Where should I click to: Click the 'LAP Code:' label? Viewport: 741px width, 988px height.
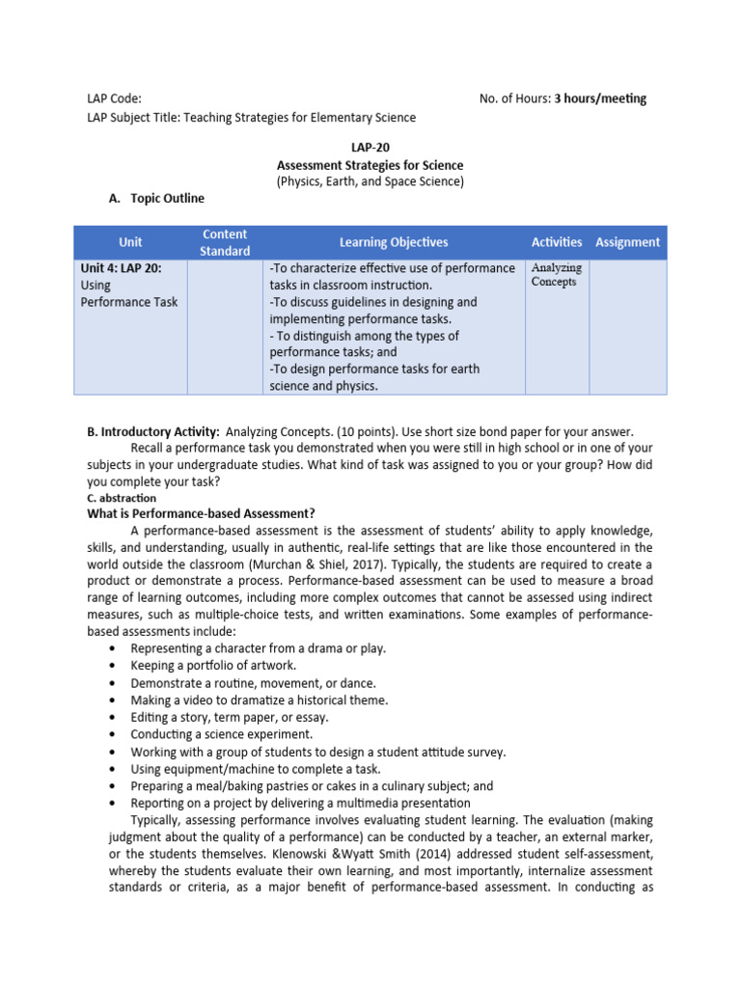114,98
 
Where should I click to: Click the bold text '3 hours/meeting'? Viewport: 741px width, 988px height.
600,98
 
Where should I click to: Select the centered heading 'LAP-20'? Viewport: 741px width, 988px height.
370,149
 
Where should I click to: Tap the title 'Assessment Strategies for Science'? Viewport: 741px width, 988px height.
370,165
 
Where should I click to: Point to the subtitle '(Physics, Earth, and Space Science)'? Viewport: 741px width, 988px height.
370,181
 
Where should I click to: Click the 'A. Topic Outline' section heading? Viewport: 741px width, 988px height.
156,198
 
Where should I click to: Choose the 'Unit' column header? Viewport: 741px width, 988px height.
130,242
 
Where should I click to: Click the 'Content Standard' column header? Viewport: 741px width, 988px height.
224,242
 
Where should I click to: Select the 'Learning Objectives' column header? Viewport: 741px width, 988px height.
394,242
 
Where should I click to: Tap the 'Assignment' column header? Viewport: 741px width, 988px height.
628,242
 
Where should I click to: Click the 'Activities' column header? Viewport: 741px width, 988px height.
557,242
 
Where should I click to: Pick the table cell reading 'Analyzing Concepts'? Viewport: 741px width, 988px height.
557,275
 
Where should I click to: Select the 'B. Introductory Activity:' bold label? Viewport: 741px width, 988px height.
153,432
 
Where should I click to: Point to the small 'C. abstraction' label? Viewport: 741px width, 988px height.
121,498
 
